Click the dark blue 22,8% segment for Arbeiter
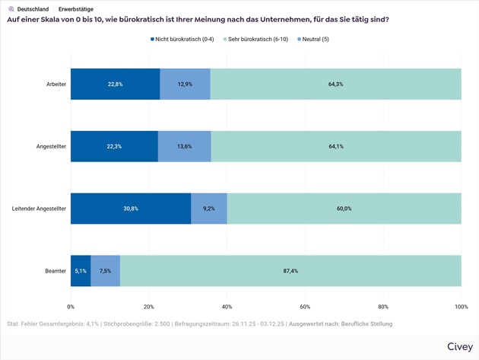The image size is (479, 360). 116,84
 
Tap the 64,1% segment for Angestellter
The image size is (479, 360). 336,145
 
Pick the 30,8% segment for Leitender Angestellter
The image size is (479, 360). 131,208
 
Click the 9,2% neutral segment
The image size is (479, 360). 209,208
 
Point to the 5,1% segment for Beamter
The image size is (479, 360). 81,270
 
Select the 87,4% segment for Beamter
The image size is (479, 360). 290,270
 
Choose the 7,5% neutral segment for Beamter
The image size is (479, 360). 106,270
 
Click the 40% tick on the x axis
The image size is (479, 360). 227,307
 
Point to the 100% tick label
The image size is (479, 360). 461,307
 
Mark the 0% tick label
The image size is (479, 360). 71,307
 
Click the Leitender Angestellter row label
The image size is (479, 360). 37,208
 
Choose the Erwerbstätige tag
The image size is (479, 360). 76,9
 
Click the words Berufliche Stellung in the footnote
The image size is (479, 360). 366,324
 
